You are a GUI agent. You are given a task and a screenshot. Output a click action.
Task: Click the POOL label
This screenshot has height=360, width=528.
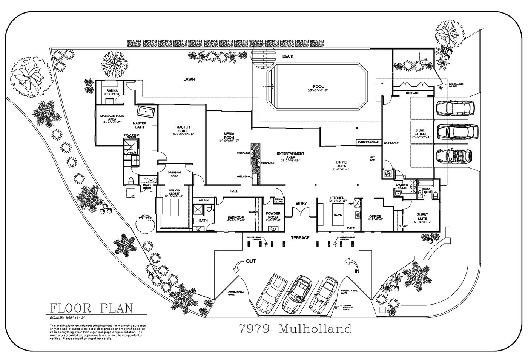318,86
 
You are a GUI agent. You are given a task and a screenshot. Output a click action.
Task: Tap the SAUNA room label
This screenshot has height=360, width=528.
112,91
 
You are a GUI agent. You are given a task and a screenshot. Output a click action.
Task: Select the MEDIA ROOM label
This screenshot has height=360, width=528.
229,136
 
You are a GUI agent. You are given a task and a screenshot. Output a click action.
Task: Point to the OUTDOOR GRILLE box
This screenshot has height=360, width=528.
368,142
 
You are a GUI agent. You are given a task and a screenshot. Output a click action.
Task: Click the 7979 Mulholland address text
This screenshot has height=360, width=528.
295,329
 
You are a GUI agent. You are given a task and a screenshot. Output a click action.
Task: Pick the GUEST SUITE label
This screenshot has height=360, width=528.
422,217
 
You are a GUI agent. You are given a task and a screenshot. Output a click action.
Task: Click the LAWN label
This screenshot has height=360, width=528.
189,79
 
